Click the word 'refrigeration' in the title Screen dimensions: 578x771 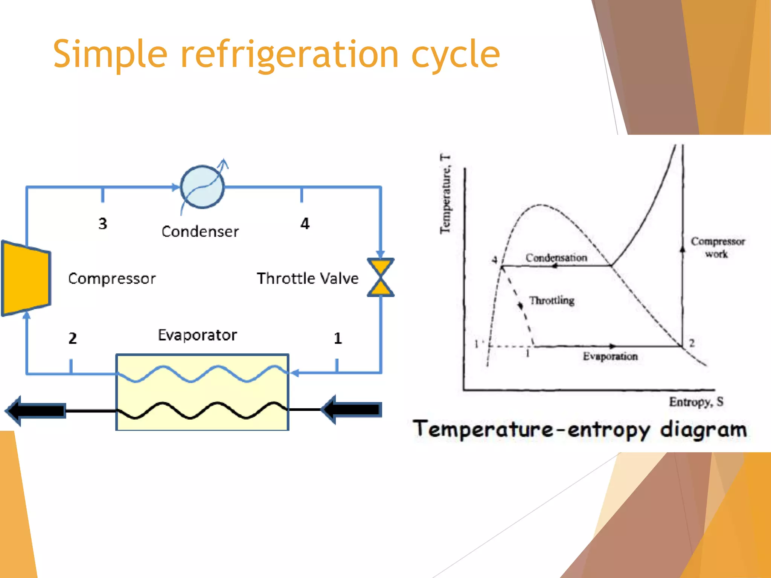tap(289, 55)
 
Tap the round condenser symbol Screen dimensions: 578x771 tap(203, 187)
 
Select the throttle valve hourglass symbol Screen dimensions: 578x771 tap(381, 277)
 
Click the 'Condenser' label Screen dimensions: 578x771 tap(200, 231)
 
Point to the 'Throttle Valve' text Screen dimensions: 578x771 tap(307, 278)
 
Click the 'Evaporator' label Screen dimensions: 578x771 tap(197, 335)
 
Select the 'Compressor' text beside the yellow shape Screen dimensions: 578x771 tap(112, 278)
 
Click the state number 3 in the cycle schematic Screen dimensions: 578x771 tap(103, 224)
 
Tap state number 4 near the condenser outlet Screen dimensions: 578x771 tap(305, 224)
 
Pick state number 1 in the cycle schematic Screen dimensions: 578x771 tap(338, 338)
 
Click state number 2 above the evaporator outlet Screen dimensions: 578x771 tap(73, 338)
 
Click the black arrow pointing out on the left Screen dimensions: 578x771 tap(36, 410)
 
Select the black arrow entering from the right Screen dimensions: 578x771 tap(352, 409)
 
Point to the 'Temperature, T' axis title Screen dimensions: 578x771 tap(445, 194)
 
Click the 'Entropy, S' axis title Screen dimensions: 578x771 tap(696, 402)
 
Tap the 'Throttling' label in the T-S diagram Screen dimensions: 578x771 tap(552, 300)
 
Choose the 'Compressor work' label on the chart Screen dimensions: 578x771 tap(717, 247)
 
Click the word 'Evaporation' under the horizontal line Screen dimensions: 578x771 tap(610, 356)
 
